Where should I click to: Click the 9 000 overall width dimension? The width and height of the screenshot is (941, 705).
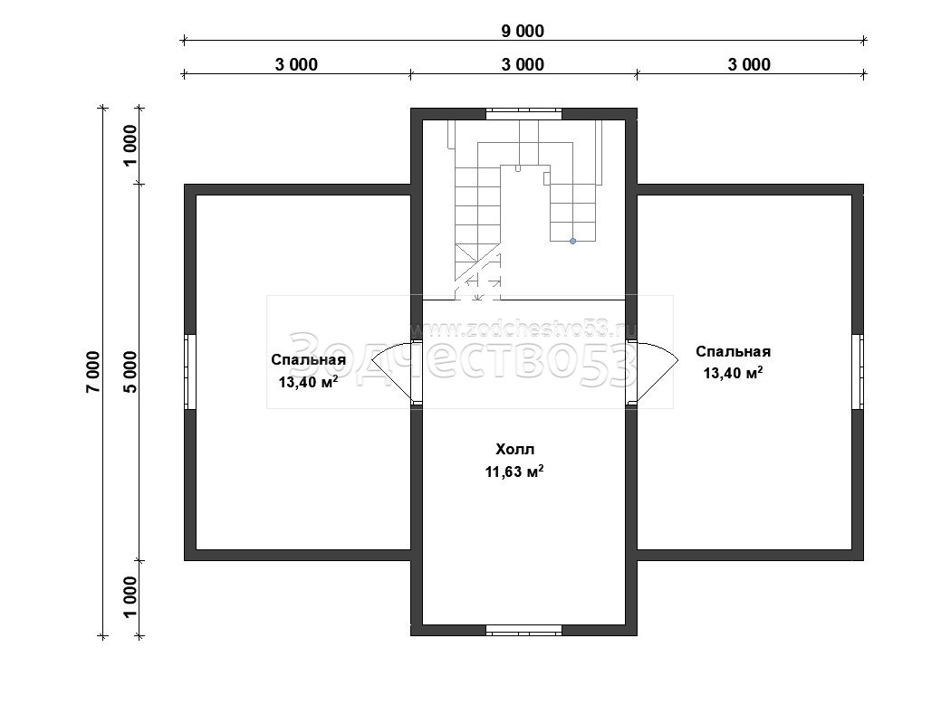point(523,31)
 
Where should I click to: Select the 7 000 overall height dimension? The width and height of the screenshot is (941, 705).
point(93,372)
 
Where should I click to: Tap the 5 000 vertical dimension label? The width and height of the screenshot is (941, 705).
point(130,372)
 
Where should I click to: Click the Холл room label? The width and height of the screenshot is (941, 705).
point(515,449)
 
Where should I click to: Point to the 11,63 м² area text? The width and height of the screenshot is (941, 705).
point(515,472)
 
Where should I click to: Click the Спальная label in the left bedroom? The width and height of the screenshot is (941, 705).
point(309,359)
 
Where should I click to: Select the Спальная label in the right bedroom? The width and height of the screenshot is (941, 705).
point(734,351)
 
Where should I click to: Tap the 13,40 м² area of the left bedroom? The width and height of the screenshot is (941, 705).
point(309,382)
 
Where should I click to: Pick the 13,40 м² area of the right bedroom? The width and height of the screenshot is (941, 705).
point(734,373)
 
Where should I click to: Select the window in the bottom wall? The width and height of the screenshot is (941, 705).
point(523,630)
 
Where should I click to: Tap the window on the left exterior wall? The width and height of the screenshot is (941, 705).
point(190,372)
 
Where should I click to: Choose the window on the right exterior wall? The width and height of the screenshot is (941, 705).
point(858,372)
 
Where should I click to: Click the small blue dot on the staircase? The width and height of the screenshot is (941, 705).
point(572,241)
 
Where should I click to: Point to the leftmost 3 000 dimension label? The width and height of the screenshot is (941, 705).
point(296,64)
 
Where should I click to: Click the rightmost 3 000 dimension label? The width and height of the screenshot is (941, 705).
point(749,64)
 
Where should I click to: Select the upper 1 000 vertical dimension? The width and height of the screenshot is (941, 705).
point(130,146)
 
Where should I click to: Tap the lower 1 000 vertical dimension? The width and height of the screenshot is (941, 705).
point(130,597)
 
